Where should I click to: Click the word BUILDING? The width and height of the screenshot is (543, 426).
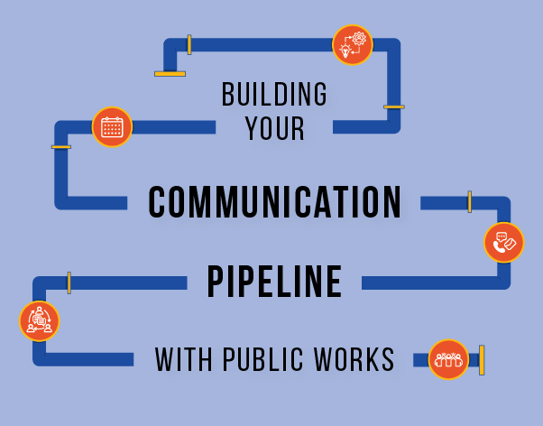pyautogui.click(x=274, y=94)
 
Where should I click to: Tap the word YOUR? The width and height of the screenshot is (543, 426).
pyautogui.click(x=275, y=128)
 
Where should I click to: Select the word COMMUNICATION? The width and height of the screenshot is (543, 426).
pyautogui.click(x=274, y=203)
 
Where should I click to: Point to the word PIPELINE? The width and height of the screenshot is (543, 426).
pyautogui.click(x=274, y=282)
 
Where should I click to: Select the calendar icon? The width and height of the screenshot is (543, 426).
pyautogui.click(x=112, y=126)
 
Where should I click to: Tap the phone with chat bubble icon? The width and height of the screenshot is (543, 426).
pyautogui.click(x=503, y=242)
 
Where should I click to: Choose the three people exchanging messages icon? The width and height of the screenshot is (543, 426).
pyautogui.click(x=39, y=320)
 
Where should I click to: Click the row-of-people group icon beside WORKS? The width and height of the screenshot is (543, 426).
pyautogui.click(x=448, y=359)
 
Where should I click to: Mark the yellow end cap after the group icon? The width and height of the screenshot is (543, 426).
pyautogui.click(x=482, y=359)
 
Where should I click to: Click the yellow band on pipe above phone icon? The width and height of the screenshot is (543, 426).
pyautogui.click(x=469, y=202)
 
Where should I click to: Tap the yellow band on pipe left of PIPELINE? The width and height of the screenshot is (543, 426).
pyautogui.click(x=69, y=282)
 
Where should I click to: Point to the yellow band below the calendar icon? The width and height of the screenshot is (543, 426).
pyautogui.click(x=61, y=146)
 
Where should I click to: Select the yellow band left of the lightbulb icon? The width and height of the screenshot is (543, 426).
pyautogui.click(x=189, y=44)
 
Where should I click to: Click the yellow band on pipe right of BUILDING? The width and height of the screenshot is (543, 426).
pyautogui.click(x=393, y=106)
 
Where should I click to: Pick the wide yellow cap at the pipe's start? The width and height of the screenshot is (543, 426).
pyautogui.click(x=170, y=73)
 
